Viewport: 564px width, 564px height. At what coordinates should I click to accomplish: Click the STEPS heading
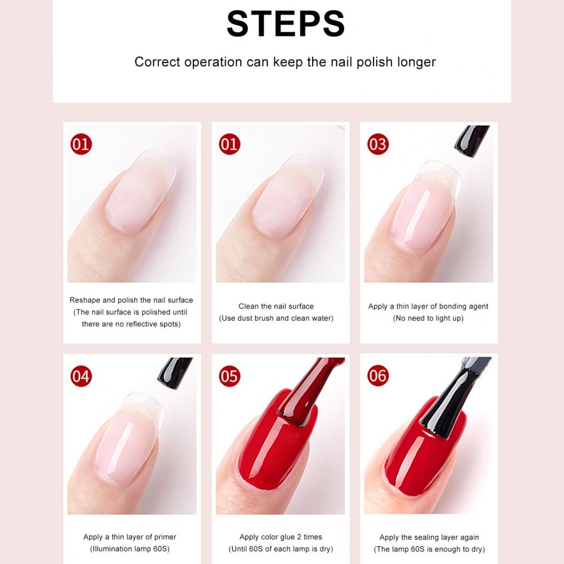click(x=286, y=24)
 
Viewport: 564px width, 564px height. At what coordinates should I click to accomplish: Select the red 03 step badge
click(x=378, y=144)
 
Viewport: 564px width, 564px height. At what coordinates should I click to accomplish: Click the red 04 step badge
click(x=81, y=376)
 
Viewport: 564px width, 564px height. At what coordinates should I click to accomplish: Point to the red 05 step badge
click(x=229, y=376)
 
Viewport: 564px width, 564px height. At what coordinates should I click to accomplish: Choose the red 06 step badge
click(x=378, y=375)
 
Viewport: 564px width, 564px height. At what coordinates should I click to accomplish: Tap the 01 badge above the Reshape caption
click(x=81, y=144)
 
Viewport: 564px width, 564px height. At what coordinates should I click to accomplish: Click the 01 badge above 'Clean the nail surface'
click(x=229, y=144)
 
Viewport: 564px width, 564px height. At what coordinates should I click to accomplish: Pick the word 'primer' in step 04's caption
click(x=165, y=537)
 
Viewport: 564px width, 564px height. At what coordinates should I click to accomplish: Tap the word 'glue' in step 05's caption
click(x=287, y=537)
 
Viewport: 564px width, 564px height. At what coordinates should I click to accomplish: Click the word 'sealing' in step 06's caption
click(x=426, y=538)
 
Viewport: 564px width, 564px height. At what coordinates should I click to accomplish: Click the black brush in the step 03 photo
click(x=471, y=141)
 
